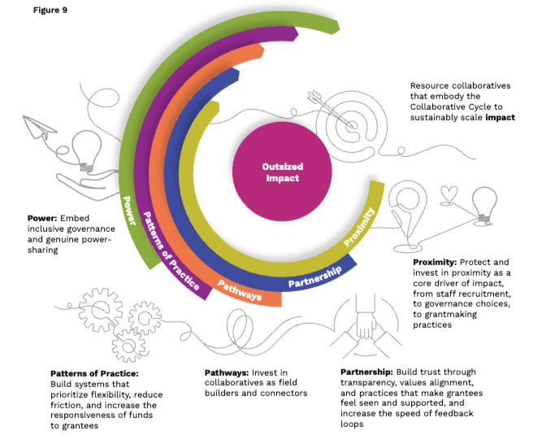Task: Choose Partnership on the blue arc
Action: (x=318, y=275)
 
